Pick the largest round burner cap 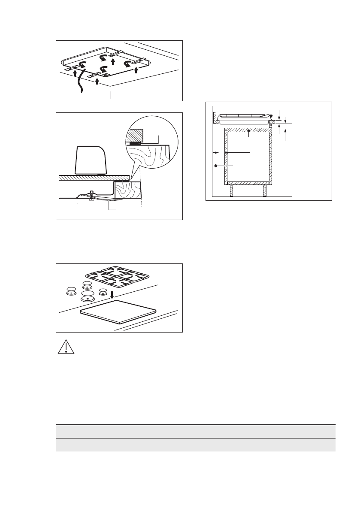(x=88, y=297)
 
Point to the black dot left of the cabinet (x=216, y=165)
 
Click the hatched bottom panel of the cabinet (x=248, y=183)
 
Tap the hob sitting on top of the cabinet (x=245, y=117)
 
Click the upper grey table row (x=195, y=431)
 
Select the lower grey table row (x=195, y=445)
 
